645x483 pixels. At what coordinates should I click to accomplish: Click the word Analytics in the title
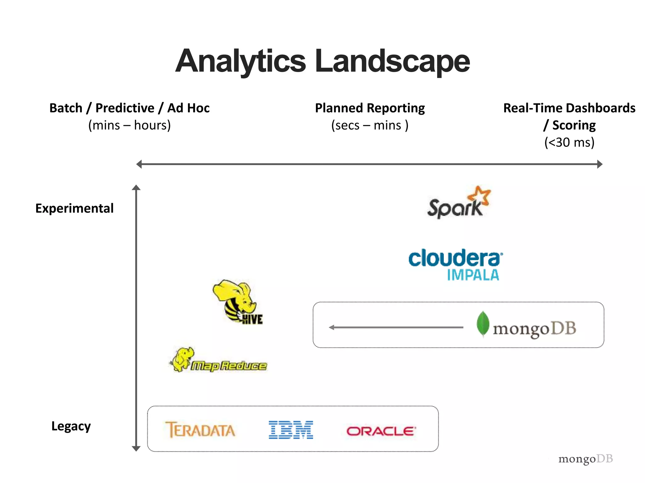[241, 61]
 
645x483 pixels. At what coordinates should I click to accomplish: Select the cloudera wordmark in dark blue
[454, 258]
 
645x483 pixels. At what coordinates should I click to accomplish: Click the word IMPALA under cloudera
[473, 275]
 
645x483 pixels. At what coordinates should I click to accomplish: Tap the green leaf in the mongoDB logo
[483, 324]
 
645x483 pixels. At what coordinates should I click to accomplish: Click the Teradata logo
[200, 430]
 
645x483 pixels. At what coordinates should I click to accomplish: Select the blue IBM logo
[291, 430]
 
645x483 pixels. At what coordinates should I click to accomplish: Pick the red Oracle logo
[381, 431]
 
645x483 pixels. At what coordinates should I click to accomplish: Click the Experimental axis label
[74, 208]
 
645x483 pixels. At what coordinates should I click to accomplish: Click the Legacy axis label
[71, 426]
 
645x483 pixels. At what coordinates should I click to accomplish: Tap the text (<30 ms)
[569, 142]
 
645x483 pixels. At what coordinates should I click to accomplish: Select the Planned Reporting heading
[370, 108]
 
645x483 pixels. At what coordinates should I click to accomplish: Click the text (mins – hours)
[129, 125]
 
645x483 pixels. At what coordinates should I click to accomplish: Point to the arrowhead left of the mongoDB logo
[332, 327]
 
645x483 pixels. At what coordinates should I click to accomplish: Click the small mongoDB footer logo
[585, 459]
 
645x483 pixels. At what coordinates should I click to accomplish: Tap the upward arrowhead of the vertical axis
[136, 188]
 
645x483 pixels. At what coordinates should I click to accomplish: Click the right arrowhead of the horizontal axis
[600, 164]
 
